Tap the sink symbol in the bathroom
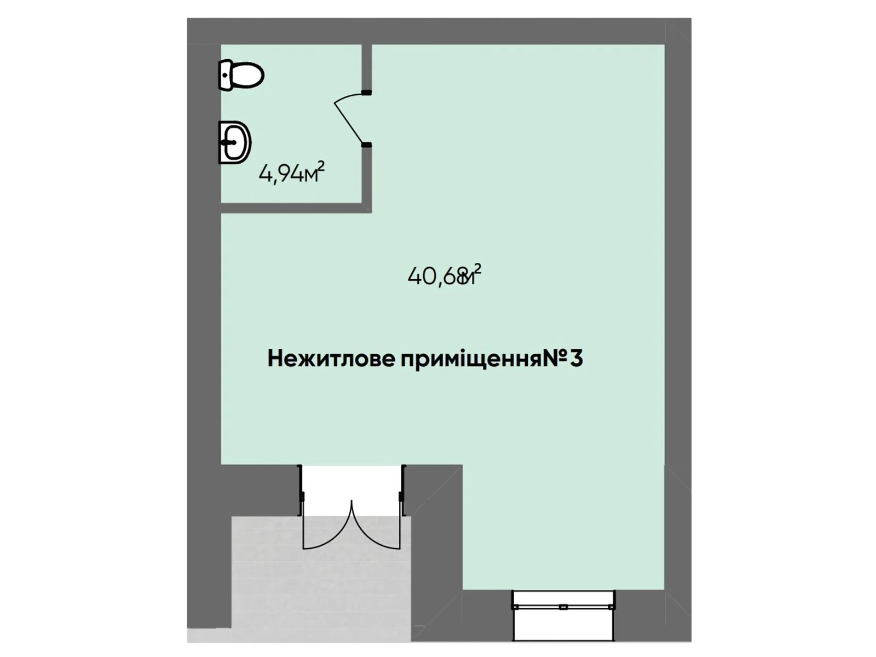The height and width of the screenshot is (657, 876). (x=235, y=142)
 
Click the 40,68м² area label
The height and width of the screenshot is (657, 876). (x=444, y=275)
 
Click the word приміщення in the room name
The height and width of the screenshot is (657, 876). (x=470, y=359)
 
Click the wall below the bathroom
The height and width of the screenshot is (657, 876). (x=296, y=208)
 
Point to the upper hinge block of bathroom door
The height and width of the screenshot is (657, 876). (x=366, y=93)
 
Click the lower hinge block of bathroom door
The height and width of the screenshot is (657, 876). (x=366, y=145)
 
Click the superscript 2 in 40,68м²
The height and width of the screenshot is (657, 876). (x=477, y=268)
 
